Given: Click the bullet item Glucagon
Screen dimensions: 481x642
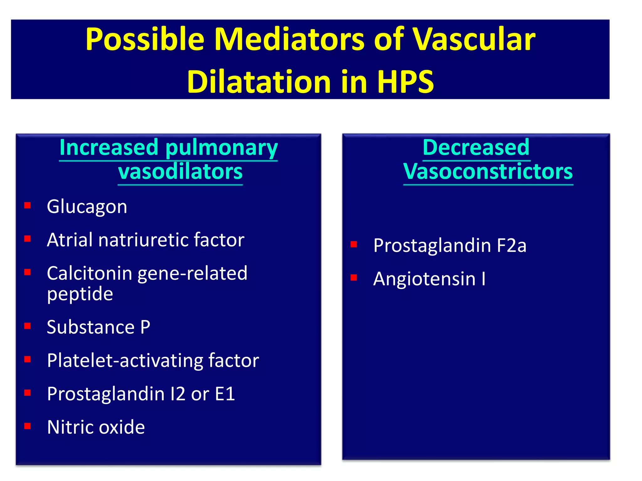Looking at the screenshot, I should click(x=87, y=207).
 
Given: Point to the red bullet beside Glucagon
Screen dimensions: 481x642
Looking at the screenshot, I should click(x=28, y=205).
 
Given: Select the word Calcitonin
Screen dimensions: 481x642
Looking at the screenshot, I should click(x=89, y=273).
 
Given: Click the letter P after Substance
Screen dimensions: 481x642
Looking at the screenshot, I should click(x=145, y=327).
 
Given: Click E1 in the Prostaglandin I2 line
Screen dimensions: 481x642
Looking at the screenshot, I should click(x=225, y=394).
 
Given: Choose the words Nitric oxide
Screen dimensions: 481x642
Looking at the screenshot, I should click(x=96, y=427).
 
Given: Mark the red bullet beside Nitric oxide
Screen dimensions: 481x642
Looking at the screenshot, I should click(x=28, y=426).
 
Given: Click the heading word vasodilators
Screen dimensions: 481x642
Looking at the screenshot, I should click(x=180, y=172).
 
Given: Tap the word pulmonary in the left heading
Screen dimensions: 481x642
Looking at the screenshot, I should click(x=221, y=147).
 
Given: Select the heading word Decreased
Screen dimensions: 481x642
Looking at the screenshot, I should click(x=476, y=147).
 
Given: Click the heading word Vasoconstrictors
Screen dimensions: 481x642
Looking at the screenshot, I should click(x=488, y=172).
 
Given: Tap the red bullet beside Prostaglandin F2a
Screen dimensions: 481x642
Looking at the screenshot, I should click(x=354, y=244).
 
